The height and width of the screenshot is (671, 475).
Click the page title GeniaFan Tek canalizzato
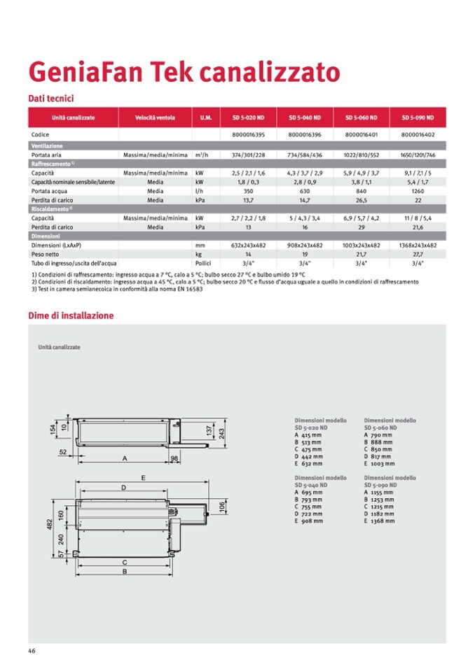tap(184, 72)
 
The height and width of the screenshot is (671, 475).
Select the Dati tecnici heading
tap(51, 99)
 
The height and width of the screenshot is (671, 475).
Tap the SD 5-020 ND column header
tap(247, 118)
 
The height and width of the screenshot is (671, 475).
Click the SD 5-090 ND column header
tap(418, 118)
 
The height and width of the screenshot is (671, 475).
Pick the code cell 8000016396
tap(305, 133)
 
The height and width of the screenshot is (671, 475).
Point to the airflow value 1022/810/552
tap(362, 154)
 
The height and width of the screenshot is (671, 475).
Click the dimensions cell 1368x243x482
tap(418, 245)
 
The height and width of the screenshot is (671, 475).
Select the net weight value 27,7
tap(418, 254)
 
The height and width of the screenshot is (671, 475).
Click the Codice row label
tap(41, 133)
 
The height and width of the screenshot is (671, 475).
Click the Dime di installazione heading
tap(71, 316)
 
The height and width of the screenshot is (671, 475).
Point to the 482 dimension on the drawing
tap(50, 523)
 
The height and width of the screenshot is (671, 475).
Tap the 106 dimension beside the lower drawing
tap(222, 505)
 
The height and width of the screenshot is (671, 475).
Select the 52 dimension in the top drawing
tap(63, 453)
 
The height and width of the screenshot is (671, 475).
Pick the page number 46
tap(32, 651)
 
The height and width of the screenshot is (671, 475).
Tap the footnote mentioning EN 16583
tap(117, 290)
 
